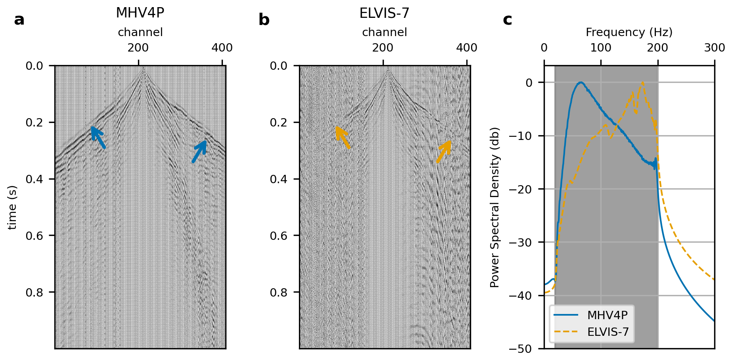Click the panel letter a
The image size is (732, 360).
[x=19, y=20]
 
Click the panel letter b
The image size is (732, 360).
[x=264, y=20]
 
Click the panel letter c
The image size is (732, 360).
[x=507, y=20]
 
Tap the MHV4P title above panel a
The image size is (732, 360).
[x=140, y=13]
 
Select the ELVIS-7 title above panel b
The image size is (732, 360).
[x=384, y=13]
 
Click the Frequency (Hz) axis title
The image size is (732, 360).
[x=629, y=32]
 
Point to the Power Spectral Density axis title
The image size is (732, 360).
[x=495, y=207]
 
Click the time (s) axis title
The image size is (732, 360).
[x=13, y=207]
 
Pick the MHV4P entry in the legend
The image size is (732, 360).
[x=607, y=315]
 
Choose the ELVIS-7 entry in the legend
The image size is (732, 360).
[x=608, y=332]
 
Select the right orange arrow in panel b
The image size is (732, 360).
[x=444, y=151]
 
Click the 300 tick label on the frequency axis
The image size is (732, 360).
[x=715, y=48]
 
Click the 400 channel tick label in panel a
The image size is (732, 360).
[x=222, y=48]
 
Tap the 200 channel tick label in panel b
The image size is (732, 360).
[x=383, y=48]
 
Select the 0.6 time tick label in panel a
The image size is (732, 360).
[x=34, y=236]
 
